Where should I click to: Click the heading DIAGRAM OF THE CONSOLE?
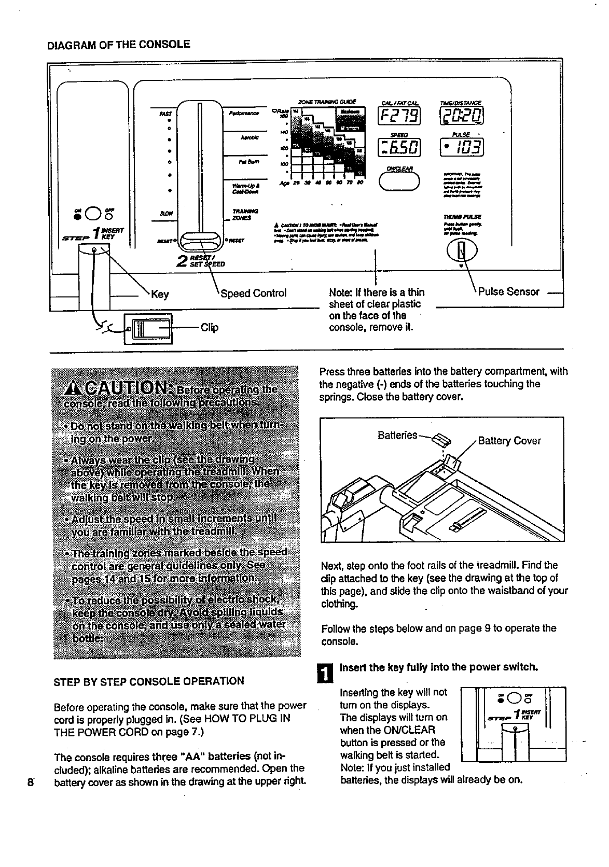tap(119, 44)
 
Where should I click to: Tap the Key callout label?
tap(160, 295)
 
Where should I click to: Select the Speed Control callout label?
tap(253, 293)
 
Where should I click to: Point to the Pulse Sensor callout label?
tap(508, 291)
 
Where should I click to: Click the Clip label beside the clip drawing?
tap(209, 327)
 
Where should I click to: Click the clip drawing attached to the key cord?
tap(148, 328)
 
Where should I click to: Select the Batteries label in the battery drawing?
tap(397, 435)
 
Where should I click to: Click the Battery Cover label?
tap(509, 441)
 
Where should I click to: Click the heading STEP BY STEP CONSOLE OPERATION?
tap(149, 681)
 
